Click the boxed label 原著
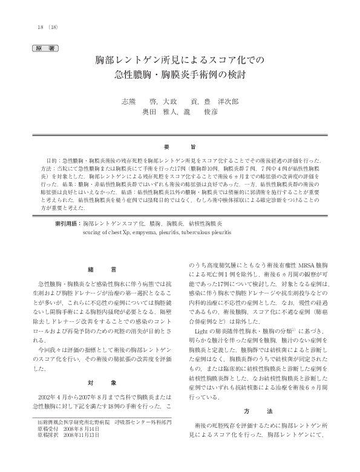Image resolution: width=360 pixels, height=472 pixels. point(45,47)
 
